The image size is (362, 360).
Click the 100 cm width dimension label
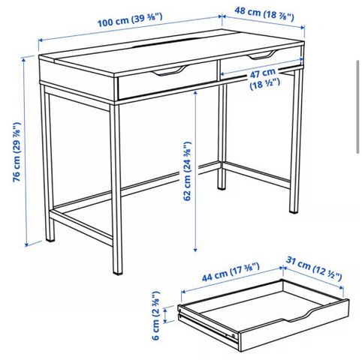(x=130, y=19)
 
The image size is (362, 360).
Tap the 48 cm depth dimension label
(x=264, y=13)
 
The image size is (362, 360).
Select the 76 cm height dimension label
(x=17, y=152)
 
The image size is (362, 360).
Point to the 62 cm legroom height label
(x=187, y=171)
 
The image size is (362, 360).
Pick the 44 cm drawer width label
(x=231, y=272)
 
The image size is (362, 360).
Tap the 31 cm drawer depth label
(x=314, y=269)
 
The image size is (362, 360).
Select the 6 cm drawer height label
(x=155, y=315)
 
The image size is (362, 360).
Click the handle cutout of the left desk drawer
(x=169, y=70)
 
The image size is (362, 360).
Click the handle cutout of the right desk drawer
(x=262, y=55)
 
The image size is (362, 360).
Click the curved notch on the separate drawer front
(x=298, y=315)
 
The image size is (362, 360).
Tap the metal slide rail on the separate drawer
(x=208, y=325)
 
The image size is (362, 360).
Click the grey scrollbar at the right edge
(x=358, y=106)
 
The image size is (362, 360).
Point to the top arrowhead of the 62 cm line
(x=195, y=93)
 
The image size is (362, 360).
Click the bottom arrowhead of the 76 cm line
(x=27, y=244)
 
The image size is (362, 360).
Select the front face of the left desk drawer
(x=167, y=82)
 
